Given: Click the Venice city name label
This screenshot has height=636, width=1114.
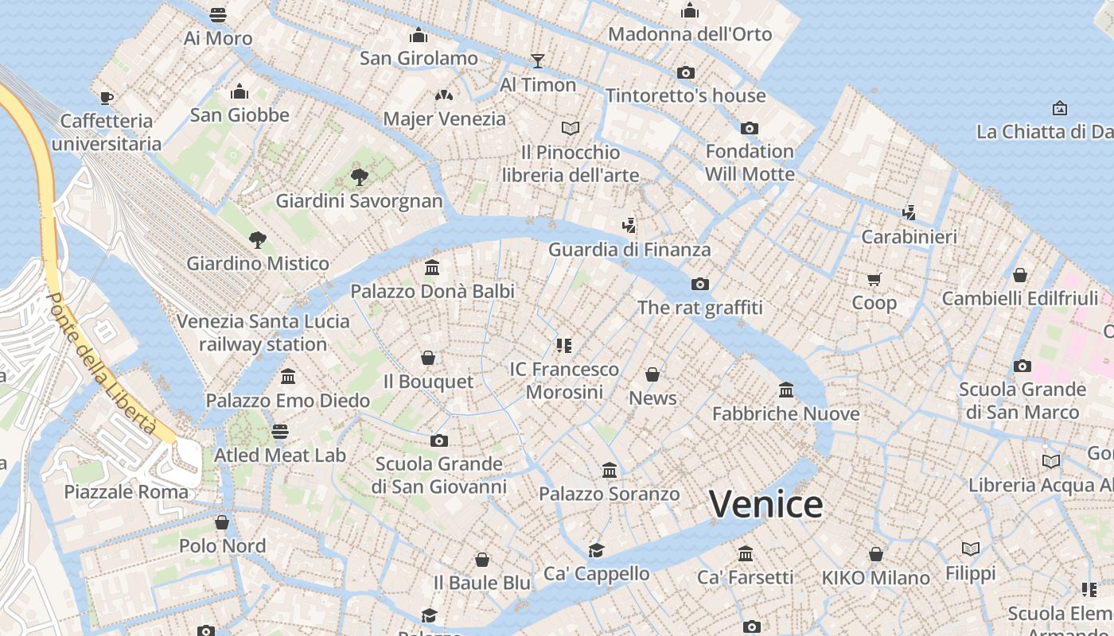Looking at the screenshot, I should tap(765, 505).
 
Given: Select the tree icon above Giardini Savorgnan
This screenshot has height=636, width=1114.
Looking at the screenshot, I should tap(359, 176).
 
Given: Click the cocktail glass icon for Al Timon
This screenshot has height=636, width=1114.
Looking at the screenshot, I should tap(538, 61).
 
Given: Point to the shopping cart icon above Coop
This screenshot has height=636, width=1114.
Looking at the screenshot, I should tap(874, 279).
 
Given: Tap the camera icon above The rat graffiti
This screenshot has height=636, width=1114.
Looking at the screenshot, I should tap(700, 284).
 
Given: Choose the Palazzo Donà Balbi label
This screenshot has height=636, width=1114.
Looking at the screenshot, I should tap(433, 291).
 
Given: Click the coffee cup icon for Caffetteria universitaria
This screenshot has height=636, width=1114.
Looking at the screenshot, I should tap(106, 98).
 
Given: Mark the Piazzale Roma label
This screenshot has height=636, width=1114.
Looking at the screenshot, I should tap(127, 491).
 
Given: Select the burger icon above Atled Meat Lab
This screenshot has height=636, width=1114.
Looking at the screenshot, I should tap(279, 432).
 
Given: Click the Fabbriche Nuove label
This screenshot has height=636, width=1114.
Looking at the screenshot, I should tap(785, 413).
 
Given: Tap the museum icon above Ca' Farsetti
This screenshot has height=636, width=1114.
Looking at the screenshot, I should tap(746, 553).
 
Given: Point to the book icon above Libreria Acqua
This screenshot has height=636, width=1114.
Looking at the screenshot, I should tap(1051, 461).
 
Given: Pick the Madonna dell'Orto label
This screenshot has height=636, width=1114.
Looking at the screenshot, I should tap(690, 34).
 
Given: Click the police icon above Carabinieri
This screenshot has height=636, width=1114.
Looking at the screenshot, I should tap(909, 213).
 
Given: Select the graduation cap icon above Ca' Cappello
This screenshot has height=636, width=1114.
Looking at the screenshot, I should tap(596, 550).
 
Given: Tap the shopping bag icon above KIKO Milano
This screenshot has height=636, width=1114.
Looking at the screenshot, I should tap(876, 554).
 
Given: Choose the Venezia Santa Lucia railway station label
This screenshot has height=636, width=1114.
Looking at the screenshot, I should tap(263, 332).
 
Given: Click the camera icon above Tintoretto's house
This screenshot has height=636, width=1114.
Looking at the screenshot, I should tap(685, 72).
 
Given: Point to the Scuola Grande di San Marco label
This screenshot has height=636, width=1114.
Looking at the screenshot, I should tap(1022, 401).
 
